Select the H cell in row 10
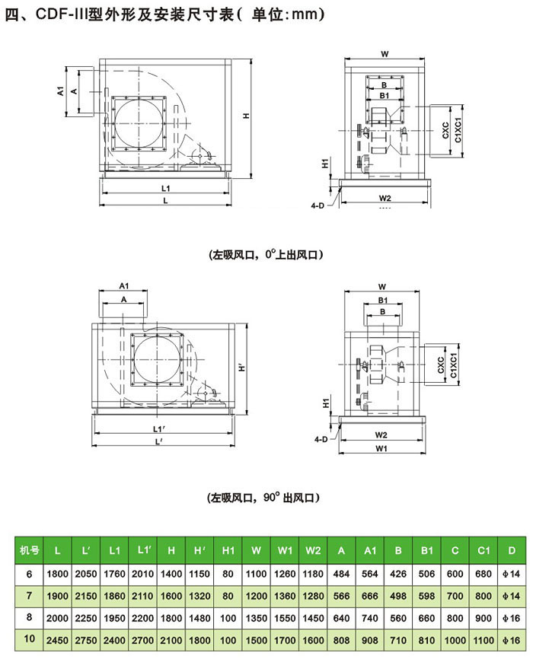[171, 641]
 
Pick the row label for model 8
[29, 619]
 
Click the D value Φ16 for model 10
[510, 641]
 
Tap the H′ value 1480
[199, 619]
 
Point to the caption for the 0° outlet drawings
[264, 256]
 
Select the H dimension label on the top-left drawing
[246, 116]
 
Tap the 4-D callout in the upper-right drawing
[319, 204]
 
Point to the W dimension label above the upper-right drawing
[385, 54]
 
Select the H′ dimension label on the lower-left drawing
[242, 368]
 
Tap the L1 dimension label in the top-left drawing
[165, 187]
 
